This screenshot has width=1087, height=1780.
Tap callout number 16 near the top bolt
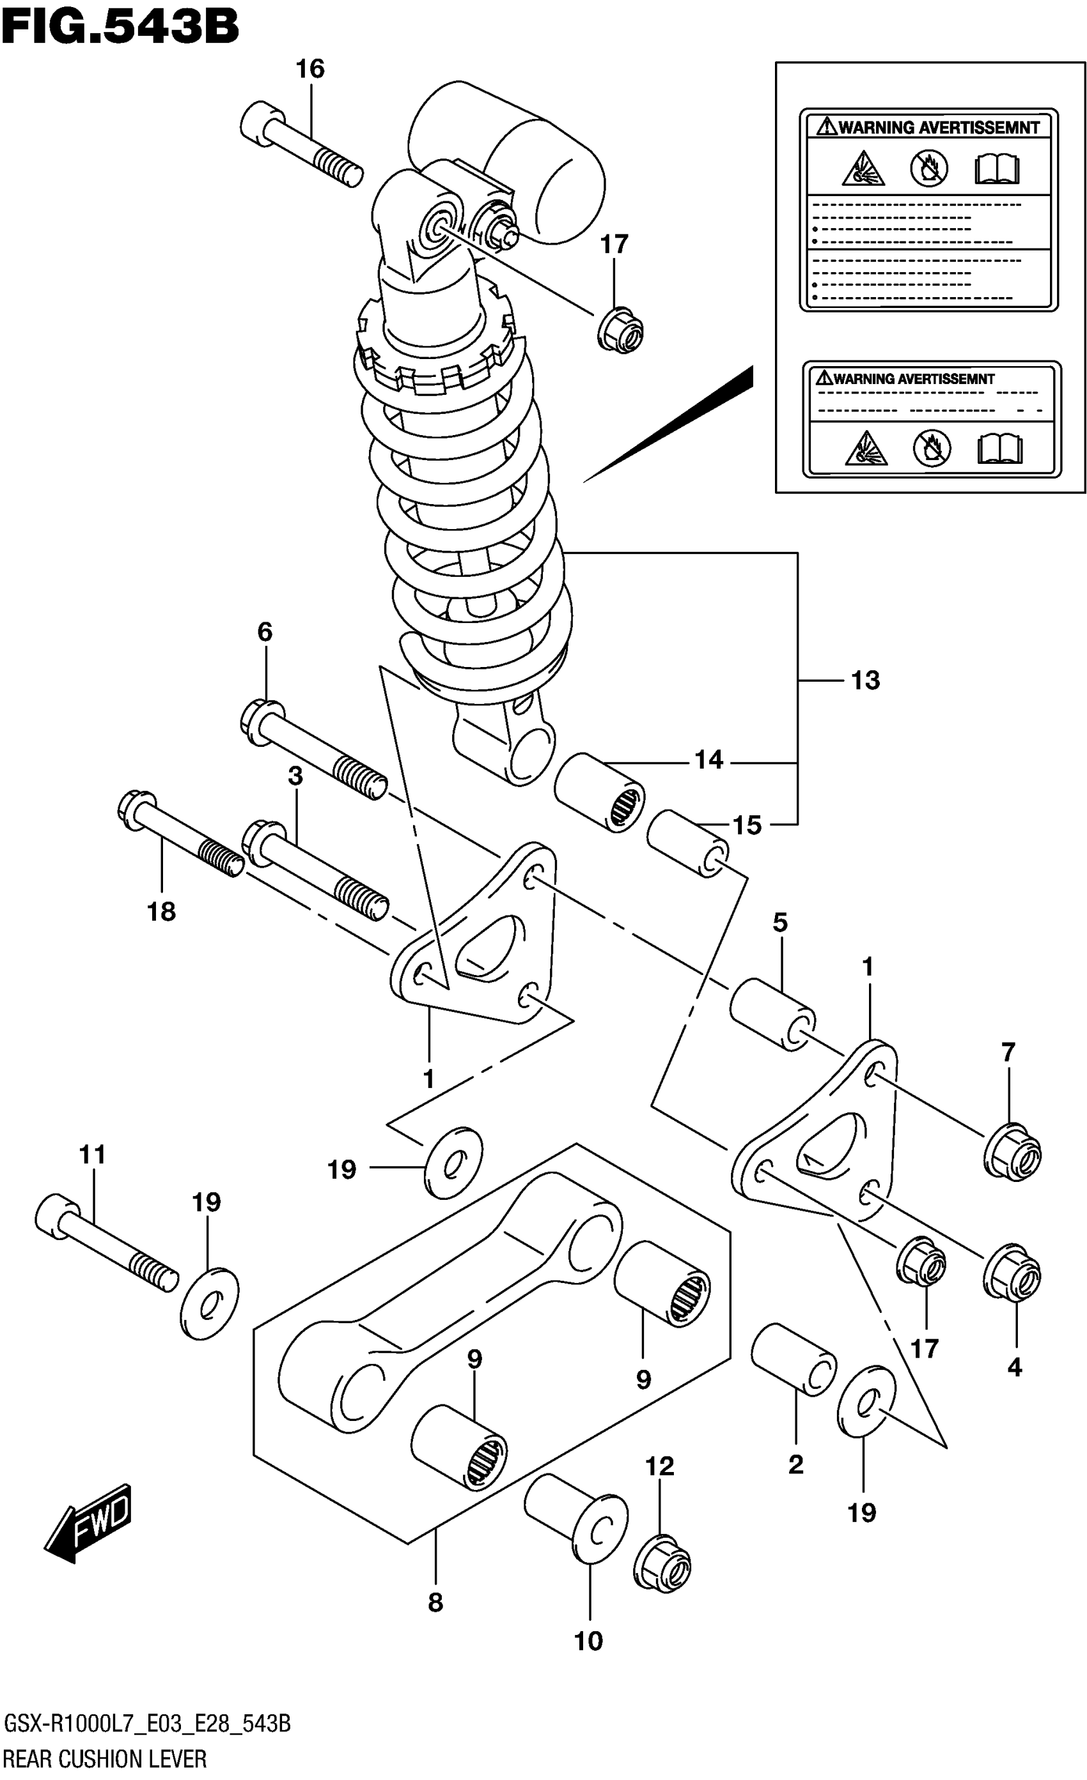(x=310, y=70)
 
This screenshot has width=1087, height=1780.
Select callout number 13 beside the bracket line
(x=865, y=680)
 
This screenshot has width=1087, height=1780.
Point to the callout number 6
(x=265, y=632)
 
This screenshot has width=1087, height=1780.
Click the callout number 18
(x=161, y=912)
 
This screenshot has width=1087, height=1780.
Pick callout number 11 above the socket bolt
(x=93, y=1155)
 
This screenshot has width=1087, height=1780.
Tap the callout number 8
(x=435, y=1602)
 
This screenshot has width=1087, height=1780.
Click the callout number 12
(x=660, y=1466)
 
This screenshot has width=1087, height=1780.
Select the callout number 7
(x=1008, y=1051)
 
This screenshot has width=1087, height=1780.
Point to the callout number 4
(x=1015, y=1367)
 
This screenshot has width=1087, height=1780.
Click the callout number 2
(x=795, y=1464)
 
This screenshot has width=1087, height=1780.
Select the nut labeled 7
(x=1012, y=1153)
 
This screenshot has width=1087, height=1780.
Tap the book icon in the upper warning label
(x=997, y=169)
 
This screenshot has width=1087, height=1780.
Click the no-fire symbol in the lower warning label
(x=932, y=449)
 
